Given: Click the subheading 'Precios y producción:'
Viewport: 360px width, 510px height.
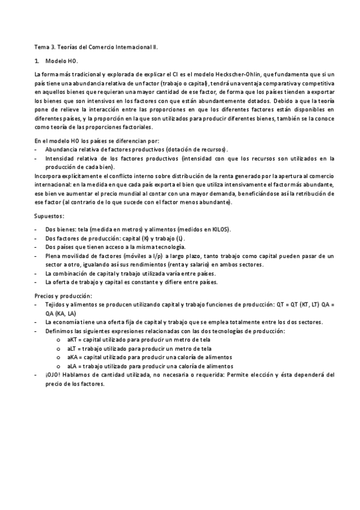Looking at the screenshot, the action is (63, 296).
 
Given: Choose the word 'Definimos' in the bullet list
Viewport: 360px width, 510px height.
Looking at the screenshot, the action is (59, 331).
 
